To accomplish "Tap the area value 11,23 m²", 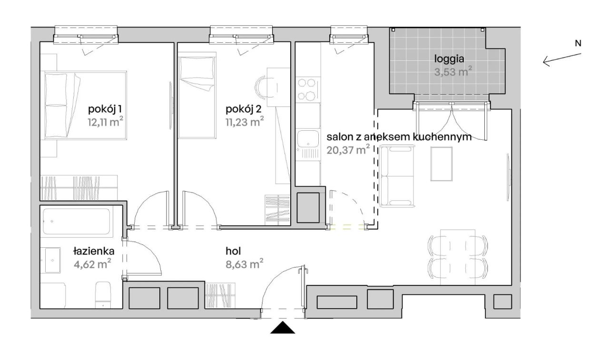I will coord(244,122).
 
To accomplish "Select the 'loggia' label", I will coord(449,59).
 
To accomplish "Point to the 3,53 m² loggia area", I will coord(452,72).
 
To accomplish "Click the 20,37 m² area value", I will coord(348,150).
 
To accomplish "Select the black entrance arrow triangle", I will coord(283,328).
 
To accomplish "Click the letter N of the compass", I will coord(578,43).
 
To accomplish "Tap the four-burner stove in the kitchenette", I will coord(307,89).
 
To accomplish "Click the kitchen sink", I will coord(307,139).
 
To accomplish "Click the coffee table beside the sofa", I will coord(441,164).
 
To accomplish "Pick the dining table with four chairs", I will coord(457,257).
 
